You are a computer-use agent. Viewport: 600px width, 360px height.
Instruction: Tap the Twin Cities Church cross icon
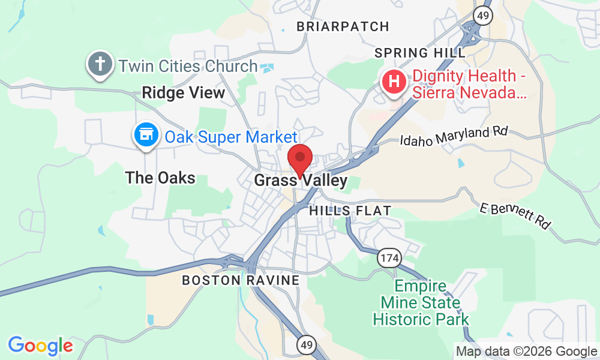pyautogui.click(x=100, y=64)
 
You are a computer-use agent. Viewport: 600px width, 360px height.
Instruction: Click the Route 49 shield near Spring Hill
pyautogui.click(x=482, y=16)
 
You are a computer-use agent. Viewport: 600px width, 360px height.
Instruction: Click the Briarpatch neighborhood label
pyautogui.click(x=343, y=26)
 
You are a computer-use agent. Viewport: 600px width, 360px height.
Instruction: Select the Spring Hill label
pyautogui.click(x=419, y=53)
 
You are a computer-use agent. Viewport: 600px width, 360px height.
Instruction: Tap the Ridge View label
pyautogui.click(x=183, y=92)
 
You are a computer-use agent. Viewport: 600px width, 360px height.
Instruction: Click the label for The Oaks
pyautogui.click(x=160, y=178)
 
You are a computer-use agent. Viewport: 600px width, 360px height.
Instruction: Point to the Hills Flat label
pyautogui.click(x=350, y=211)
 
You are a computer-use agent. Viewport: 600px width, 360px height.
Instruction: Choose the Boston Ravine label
pyautogui.click(x=241, y=280)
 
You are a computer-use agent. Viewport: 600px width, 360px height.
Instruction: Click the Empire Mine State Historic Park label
pyautogui.click(x=421, y=302)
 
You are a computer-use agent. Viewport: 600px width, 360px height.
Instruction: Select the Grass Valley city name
pyautogui.click(x=301, y=181)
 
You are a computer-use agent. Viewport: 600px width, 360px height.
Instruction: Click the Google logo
pyautogui.click(x=40, y=346)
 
